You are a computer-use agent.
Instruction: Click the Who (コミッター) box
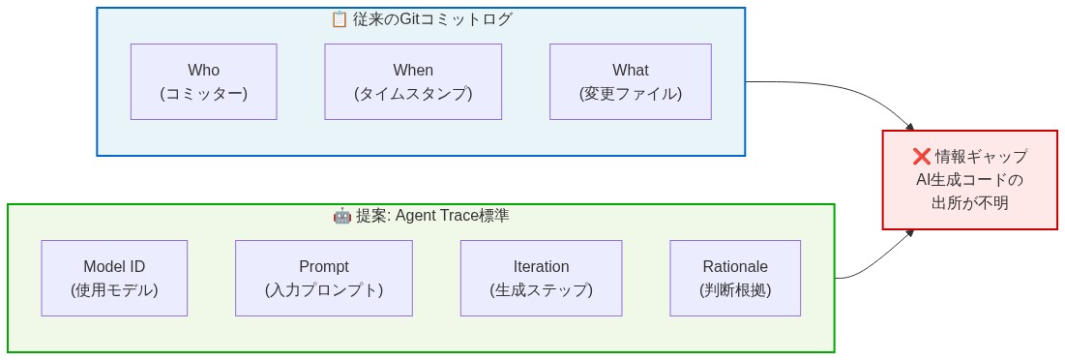point(203,81)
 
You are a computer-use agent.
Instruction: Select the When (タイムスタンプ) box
point(413,81)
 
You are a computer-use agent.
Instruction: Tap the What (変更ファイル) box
point(630,81)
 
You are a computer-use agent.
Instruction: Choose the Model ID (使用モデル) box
point(114,278)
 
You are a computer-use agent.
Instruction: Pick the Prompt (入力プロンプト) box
point(324,278)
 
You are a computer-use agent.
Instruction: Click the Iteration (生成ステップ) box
point(541,278)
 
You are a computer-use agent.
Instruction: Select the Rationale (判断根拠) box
point(735,278)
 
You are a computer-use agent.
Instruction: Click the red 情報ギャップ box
point(969,180)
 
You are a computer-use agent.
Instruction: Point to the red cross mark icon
point(921,157)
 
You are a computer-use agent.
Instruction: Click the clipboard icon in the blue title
point(339,19)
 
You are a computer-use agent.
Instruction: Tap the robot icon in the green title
point(341,216)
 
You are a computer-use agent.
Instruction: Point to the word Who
point(203,70)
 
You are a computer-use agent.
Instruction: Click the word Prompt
point(324,266)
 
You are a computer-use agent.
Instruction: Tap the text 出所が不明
point(969,203)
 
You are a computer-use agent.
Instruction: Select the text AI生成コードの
point(969,180)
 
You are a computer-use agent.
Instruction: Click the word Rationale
point(735,266)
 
